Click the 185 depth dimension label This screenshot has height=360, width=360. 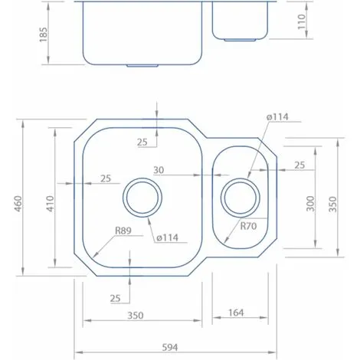point(43,34)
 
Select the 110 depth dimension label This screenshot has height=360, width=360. point(300,25)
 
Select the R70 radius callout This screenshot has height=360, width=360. point(247,226)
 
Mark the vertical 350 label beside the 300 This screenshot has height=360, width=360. point(333,203)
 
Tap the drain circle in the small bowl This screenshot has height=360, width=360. point(238,198)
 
